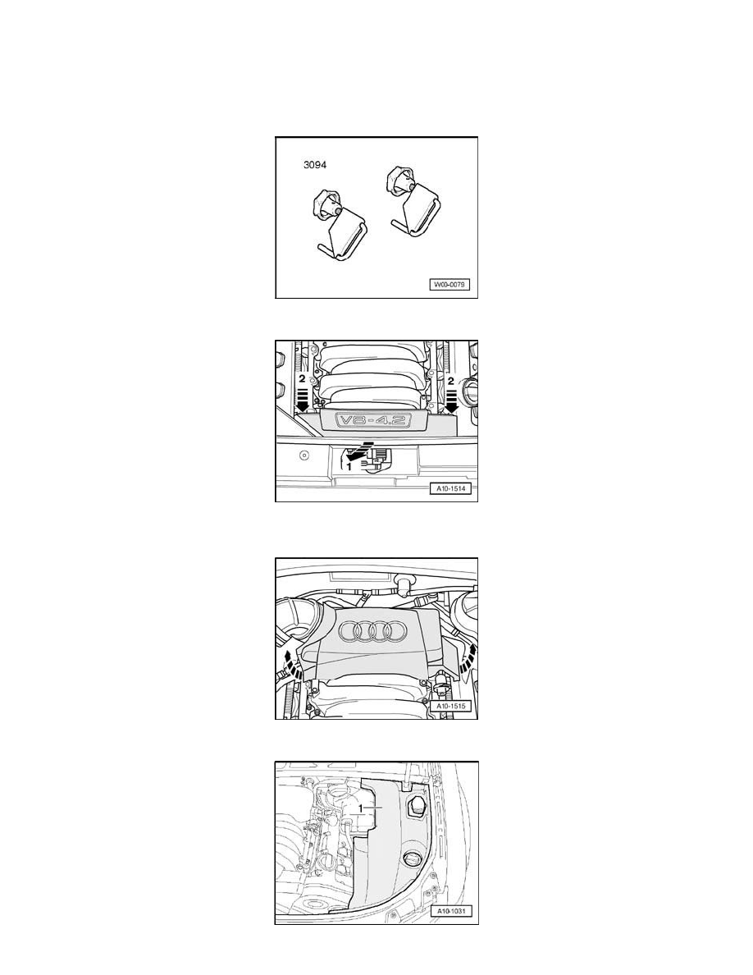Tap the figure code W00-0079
pyautogui.click(x=451, y=286)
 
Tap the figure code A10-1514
pyautogui.click(x=451, y=490)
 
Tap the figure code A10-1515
pyautogui.click(x=451, y=707)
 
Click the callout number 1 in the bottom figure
pyautogui.click(x=372, y=807)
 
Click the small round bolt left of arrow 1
pyautogui.click(x=304, y=453)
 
